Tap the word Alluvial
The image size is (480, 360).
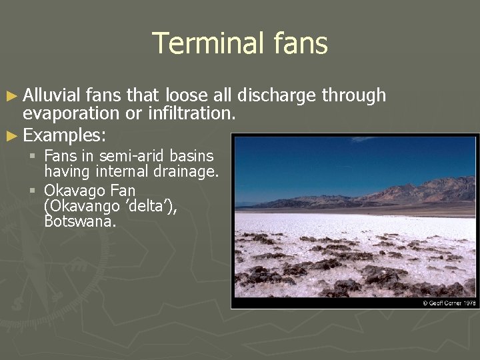tap(51, 96)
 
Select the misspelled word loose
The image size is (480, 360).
tap(190, 96)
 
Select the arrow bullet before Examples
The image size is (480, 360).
tap(13, 135)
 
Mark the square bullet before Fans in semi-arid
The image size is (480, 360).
tap(33, 157)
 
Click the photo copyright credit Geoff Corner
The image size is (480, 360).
tap(449, 303)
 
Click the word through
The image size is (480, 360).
tap(353, 96)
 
